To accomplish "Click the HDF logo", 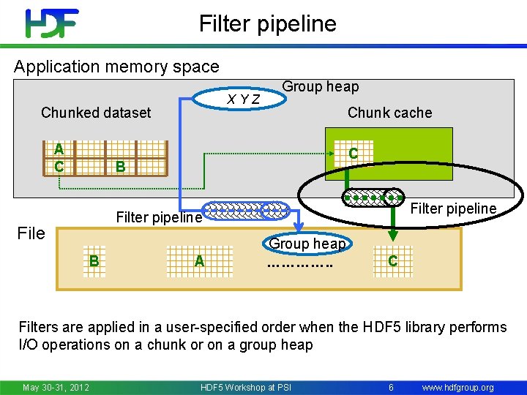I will (51, 23).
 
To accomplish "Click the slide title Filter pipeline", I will (267, 23).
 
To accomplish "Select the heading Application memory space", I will (116, 67).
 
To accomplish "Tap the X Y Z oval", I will (244, 99).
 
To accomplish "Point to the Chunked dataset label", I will (96, 113).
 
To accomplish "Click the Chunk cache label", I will (389, 113).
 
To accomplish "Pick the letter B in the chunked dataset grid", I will (121, 167).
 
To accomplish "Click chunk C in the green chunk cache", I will (353, 154).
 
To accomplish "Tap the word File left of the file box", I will (31, 233).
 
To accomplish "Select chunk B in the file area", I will (94, 260).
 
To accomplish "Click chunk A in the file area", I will (198, 260).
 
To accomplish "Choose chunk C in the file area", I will (393, 260).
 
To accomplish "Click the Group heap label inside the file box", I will (307, 244).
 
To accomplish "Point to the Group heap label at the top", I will (321, 86).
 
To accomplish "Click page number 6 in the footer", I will (392, 387).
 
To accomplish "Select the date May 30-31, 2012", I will (56, 387).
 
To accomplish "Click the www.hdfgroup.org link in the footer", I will (458, 387).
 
